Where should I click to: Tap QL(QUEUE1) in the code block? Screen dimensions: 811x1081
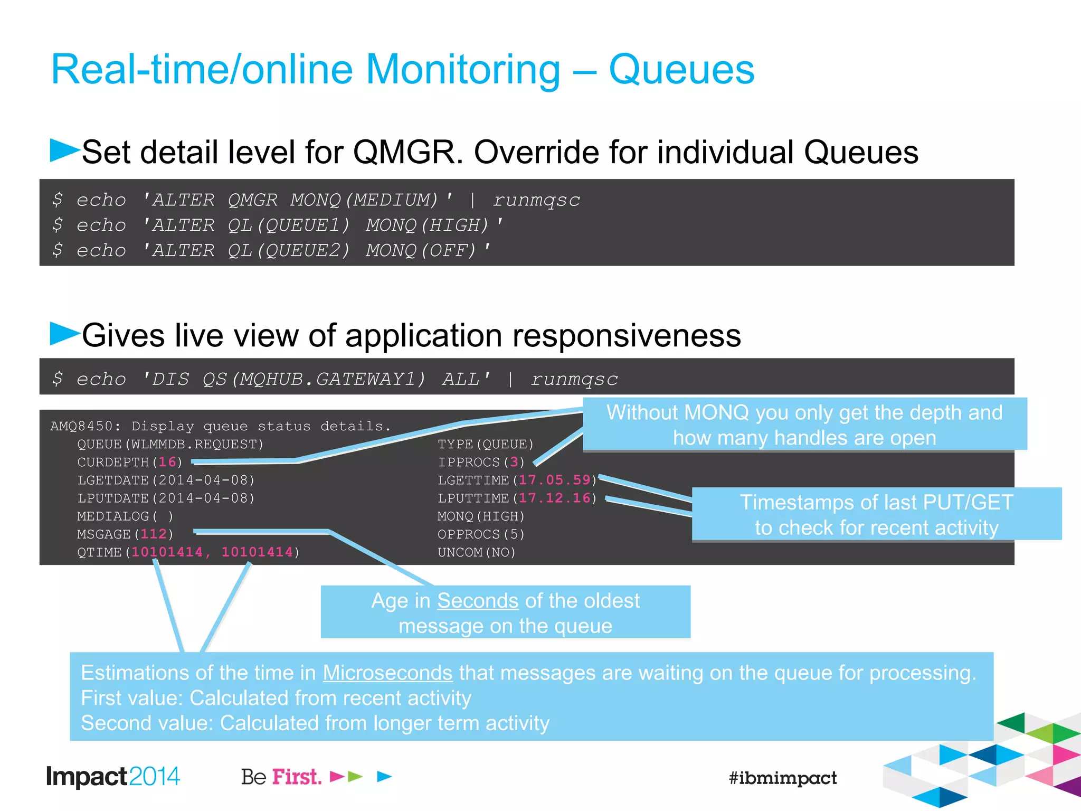pos(289,225)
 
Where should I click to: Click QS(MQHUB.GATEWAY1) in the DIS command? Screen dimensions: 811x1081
pos(314,379)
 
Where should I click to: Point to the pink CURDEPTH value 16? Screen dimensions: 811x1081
pos(167,462)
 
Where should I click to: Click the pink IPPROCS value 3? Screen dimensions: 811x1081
pos(514,463)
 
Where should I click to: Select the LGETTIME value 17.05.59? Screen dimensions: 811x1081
pos(554,480)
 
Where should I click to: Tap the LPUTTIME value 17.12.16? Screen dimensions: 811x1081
pos(554,498)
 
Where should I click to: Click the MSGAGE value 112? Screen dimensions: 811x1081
pos(154,534)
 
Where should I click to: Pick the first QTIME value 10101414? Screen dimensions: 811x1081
pos(167,552)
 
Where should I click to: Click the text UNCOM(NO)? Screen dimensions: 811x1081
pos(476,552)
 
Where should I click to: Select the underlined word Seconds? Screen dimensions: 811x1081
pos(478,601)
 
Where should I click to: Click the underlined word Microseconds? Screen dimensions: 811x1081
pos(387,673)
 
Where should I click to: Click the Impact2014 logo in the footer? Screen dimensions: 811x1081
pos(113,777)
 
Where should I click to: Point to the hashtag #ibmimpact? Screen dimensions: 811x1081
pos(782,778)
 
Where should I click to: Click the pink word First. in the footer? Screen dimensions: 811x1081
pos(297,777)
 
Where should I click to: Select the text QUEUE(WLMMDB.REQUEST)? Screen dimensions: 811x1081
pos(170,445)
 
